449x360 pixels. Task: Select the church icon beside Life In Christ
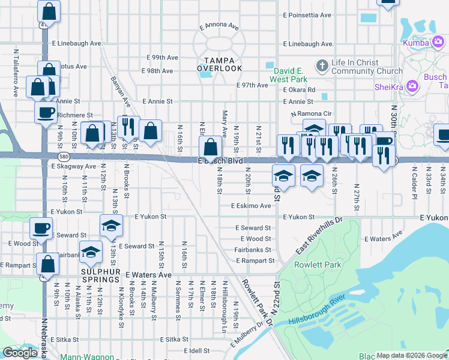[x=322, y=65]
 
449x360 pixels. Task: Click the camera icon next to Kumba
[x=439, y=43]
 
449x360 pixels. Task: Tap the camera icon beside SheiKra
[x=412, y=86]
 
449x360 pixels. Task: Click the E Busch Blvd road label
[x=220, y=161]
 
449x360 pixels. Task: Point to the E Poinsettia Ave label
[x=307, y=15]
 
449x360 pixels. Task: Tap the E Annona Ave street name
[x=219, y=27]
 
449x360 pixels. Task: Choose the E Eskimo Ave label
[x=251, y=206]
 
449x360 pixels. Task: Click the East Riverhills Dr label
[x=318, y=235]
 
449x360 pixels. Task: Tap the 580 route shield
[x=5, y=156]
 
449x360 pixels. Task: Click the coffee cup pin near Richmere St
[x=46, y=112]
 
